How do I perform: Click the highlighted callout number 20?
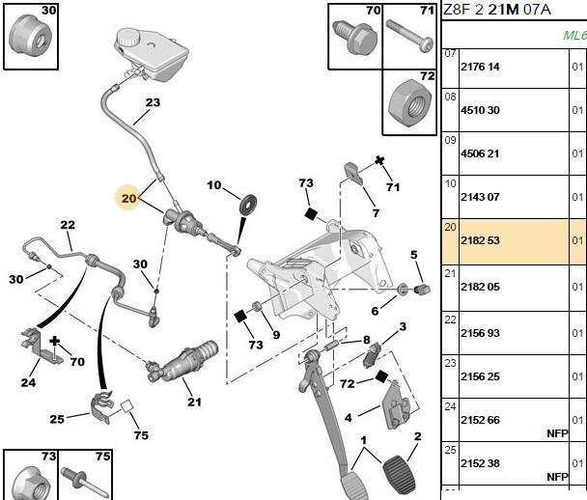point(128,198)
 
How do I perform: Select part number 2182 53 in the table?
point(480,240)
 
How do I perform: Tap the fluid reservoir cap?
point(127,38)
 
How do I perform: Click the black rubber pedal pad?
point(399,474)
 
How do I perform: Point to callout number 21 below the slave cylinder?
point(194,402)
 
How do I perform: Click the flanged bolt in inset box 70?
point(354,37)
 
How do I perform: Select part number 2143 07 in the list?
point(480,197)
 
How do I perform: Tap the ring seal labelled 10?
point(248,205)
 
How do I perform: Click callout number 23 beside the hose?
point(153,102)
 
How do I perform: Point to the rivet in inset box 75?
point(85,482)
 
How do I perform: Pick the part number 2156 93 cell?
point(480,333)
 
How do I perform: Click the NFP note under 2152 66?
point(557,433)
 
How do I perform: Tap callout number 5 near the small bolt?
point(413,255)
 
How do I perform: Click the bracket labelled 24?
point(39,345)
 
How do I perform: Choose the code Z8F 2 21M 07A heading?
point(497,10)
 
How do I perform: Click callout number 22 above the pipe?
point(68,225)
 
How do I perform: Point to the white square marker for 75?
point(126,406)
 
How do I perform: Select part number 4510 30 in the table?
point(480,110)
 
